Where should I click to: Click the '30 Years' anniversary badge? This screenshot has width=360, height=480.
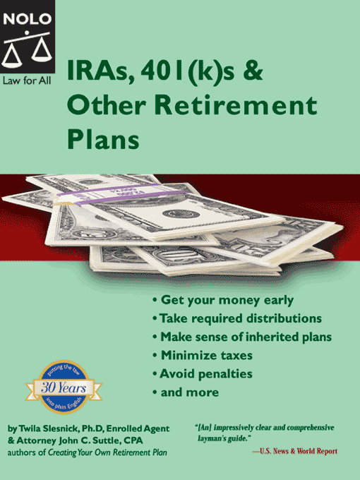(64, 387)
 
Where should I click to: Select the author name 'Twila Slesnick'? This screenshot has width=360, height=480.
(47, 428)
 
